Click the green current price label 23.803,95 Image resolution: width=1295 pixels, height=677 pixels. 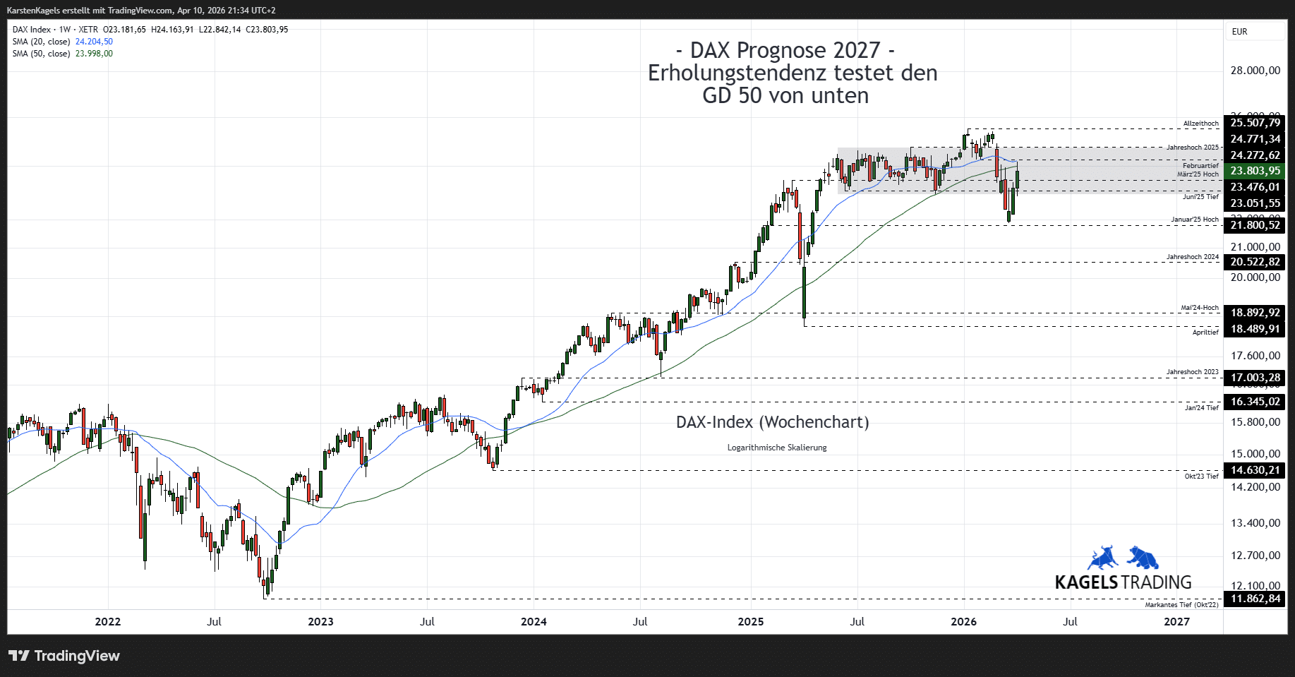coord(1255,171)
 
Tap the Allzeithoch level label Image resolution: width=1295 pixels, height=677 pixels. coord(1200,124)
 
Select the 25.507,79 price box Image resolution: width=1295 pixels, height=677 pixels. coord(1255,123)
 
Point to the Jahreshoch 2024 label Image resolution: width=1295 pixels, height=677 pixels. coord(1192,257)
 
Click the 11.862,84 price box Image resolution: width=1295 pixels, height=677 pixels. coord(1255,599)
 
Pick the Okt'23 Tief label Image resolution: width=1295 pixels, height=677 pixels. coord(1201,477)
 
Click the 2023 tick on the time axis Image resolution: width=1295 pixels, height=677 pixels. coord(320,622)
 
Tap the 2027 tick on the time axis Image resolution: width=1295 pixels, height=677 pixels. coord(1176,622)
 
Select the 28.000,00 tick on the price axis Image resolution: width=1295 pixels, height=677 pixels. coord(1255,71)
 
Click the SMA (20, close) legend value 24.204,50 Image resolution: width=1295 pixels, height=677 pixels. coord(94,42)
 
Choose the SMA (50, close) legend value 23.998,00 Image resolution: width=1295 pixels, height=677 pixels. coord(94,54)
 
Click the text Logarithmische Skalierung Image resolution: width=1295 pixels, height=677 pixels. coord(776,448)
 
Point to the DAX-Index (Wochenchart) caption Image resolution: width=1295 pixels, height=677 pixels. coord(772,422)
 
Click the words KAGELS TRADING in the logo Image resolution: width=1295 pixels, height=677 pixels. coord(1123,582)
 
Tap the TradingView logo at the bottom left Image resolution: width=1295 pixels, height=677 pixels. coord(64,656)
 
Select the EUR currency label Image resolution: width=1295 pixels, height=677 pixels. coord(1239,32)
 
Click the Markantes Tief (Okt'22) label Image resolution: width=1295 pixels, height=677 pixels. coord(1181,605)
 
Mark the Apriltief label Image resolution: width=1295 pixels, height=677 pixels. coord(1205,332)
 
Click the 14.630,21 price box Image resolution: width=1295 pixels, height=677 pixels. coord(1255,470)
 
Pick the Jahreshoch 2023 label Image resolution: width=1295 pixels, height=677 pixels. coord(1192,372)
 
